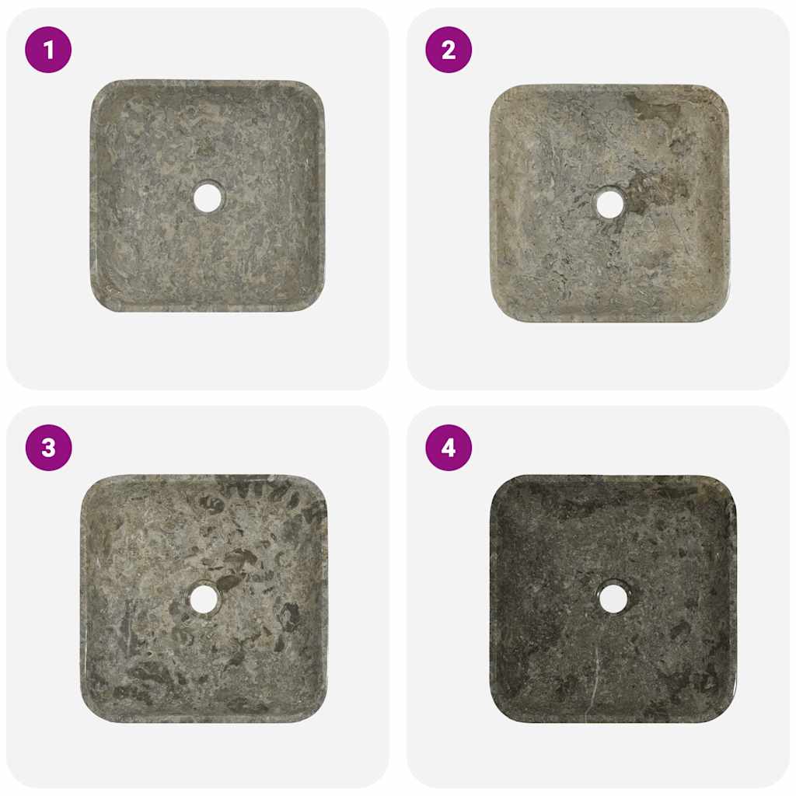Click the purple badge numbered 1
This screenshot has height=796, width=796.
coord(48,50)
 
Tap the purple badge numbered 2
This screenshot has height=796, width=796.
coord(449,50)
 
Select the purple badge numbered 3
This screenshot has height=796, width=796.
coord(48,448)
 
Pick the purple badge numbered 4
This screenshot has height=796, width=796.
coord(449,448)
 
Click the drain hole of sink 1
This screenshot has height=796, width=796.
coord(208,197)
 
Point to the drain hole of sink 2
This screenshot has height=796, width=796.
coord(609,204)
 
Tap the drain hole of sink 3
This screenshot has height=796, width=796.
coord(204,599)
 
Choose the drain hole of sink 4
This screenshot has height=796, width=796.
coord(613,598)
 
